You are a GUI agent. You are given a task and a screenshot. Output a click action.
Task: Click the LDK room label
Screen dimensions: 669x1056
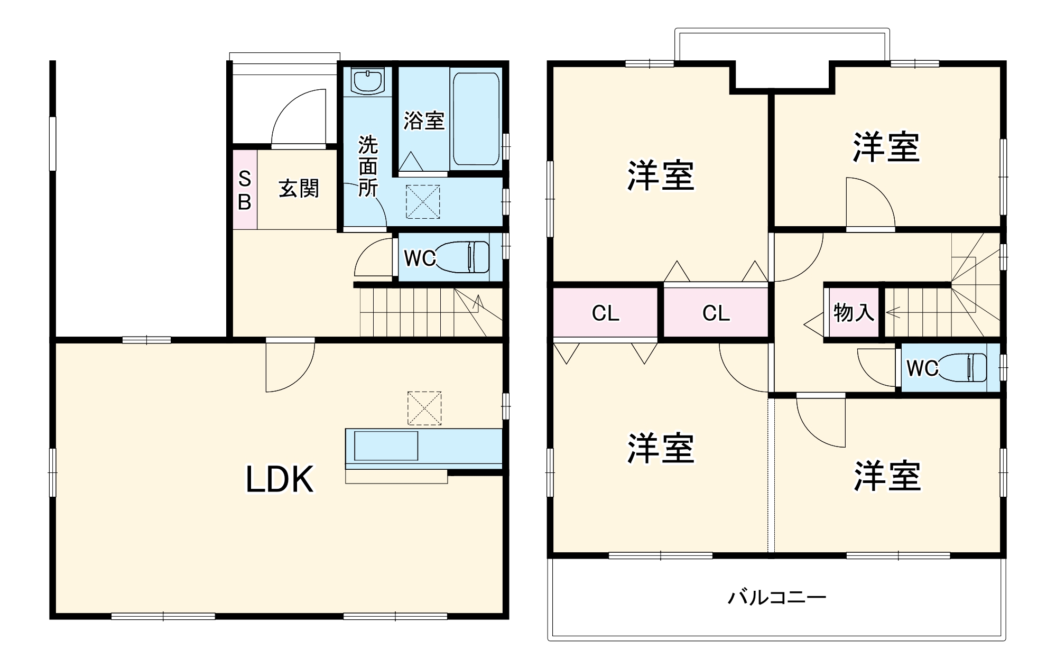click(x=280, y=479)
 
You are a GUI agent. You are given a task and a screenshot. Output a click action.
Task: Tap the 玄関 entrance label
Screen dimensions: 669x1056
click(x=299, y=189)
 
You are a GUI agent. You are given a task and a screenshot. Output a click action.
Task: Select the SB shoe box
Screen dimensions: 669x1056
click(x=245, y=190)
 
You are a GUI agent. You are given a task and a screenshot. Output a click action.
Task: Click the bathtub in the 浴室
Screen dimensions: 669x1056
click(x=476, y=119)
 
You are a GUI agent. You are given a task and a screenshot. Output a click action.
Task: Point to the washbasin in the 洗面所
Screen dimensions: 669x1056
click(x=367, y=81)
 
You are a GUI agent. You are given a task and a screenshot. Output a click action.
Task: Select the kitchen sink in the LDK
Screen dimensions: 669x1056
click(x=386, y=446)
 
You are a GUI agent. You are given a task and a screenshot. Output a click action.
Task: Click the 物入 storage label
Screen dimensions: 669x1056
click(x=853, y=313)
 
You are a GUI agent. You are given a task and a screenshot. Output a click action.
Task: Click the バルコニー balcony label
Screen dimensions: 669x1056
click(x=776, y=598)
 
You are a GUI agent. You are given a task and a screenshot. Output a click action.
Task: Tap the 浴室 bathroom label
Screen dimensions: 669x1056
click(x=423, y=120)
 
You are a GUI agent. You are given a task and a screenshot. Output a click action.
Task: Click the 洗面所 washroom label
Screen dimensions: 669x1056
click(x=368, y=166)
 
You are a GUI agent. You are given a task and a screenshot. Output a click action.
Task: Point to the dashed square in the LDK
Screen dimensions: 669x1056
click(x=424, y=408)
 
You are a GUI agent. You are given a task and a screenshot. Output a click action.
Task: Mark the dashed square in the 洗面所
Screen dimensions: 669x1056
click(x=422, y=201)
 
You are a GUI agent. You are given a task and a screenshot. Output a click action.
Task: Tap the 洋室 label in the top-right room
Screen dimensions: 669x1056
click(x=886, y=147)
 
